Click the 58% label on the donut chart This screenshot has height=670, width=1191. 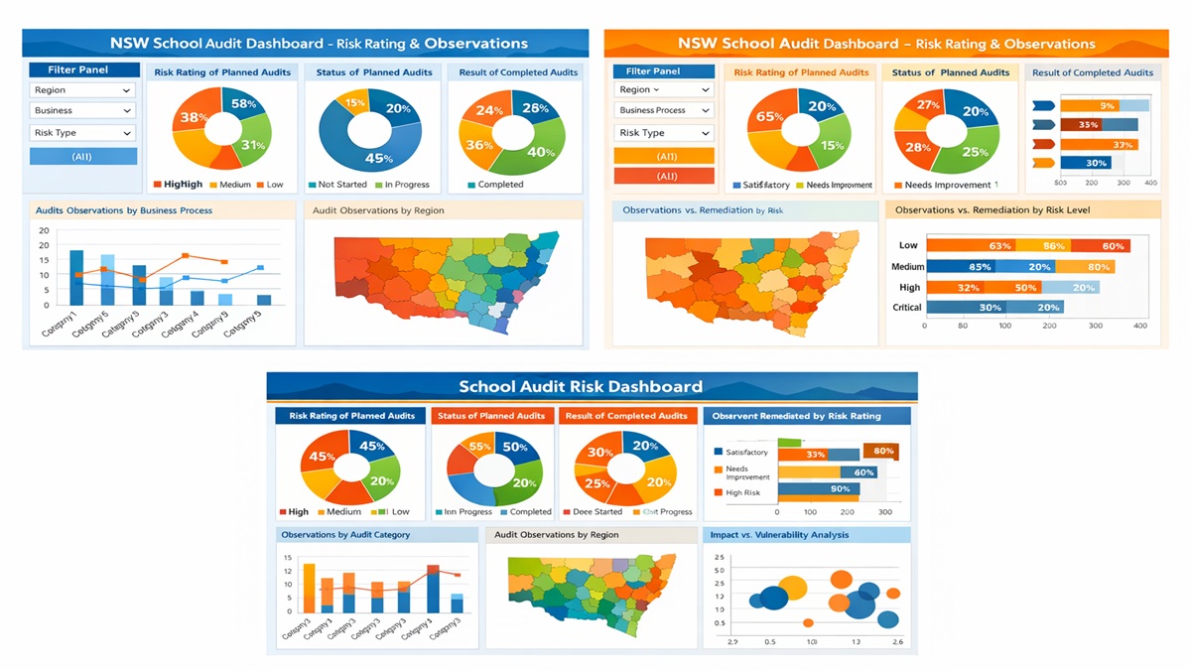243,104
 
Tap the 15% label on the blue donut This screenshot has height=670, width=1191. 355,102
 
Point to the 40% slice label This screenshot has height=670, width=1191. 541,153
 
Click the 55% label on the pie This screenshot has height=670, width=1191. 480,447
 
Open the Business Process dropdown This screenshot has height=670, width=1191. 663,110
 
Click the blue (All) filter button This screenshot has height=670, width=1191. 83,157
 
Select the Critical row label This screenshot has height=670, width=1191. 907,308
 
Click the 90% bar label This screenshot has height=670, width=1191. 840,489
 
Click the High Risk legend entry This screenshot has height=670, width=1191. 741,492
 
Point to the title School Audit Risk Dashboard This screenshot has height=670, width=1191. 581,387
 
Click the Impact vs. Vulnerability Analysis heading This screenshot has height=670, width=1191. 779,535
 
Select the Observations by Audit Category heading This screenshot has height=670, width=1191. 345,535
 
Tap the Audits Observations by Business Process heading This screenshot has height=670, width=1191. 124,210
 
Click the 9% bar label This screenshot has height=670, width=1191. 1107,105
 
